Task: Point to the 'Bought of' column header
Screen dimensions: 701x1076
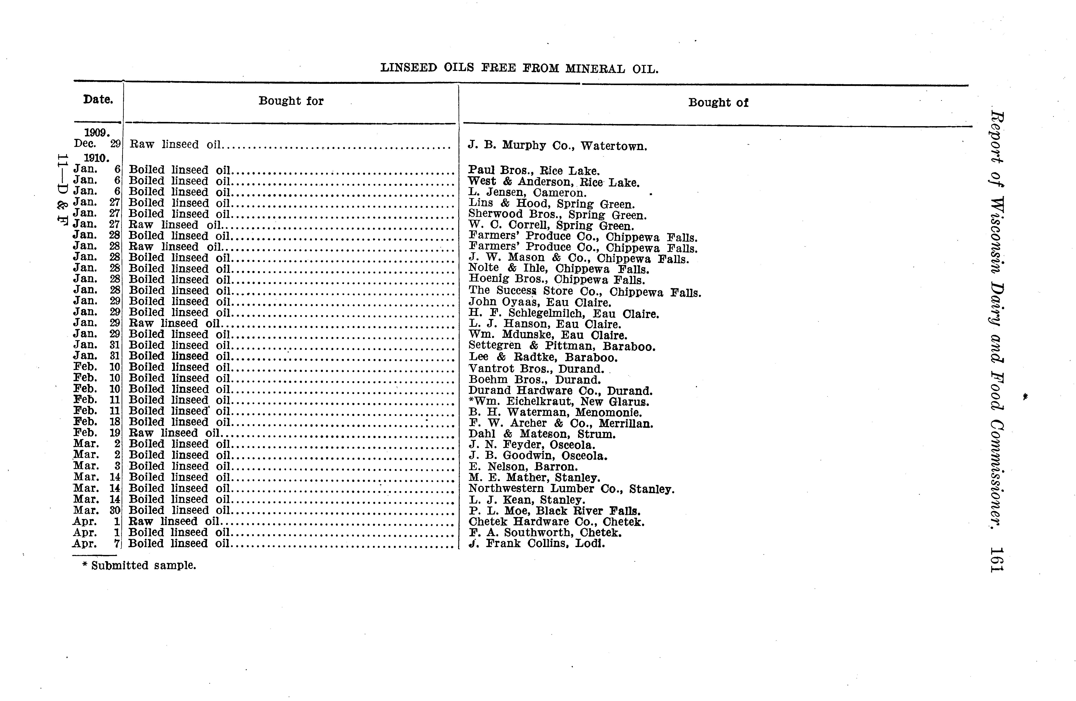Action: click(x=718, y=102)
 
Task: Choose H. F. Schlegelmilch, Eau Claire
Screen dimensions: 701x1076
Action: click(x=563, y=313)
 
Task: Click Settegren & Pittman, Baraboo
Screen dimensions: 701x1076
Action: click(x=562, y=346)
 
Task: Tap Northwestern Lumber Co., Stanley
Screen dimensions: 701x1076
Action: click(x=571, y=489)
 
